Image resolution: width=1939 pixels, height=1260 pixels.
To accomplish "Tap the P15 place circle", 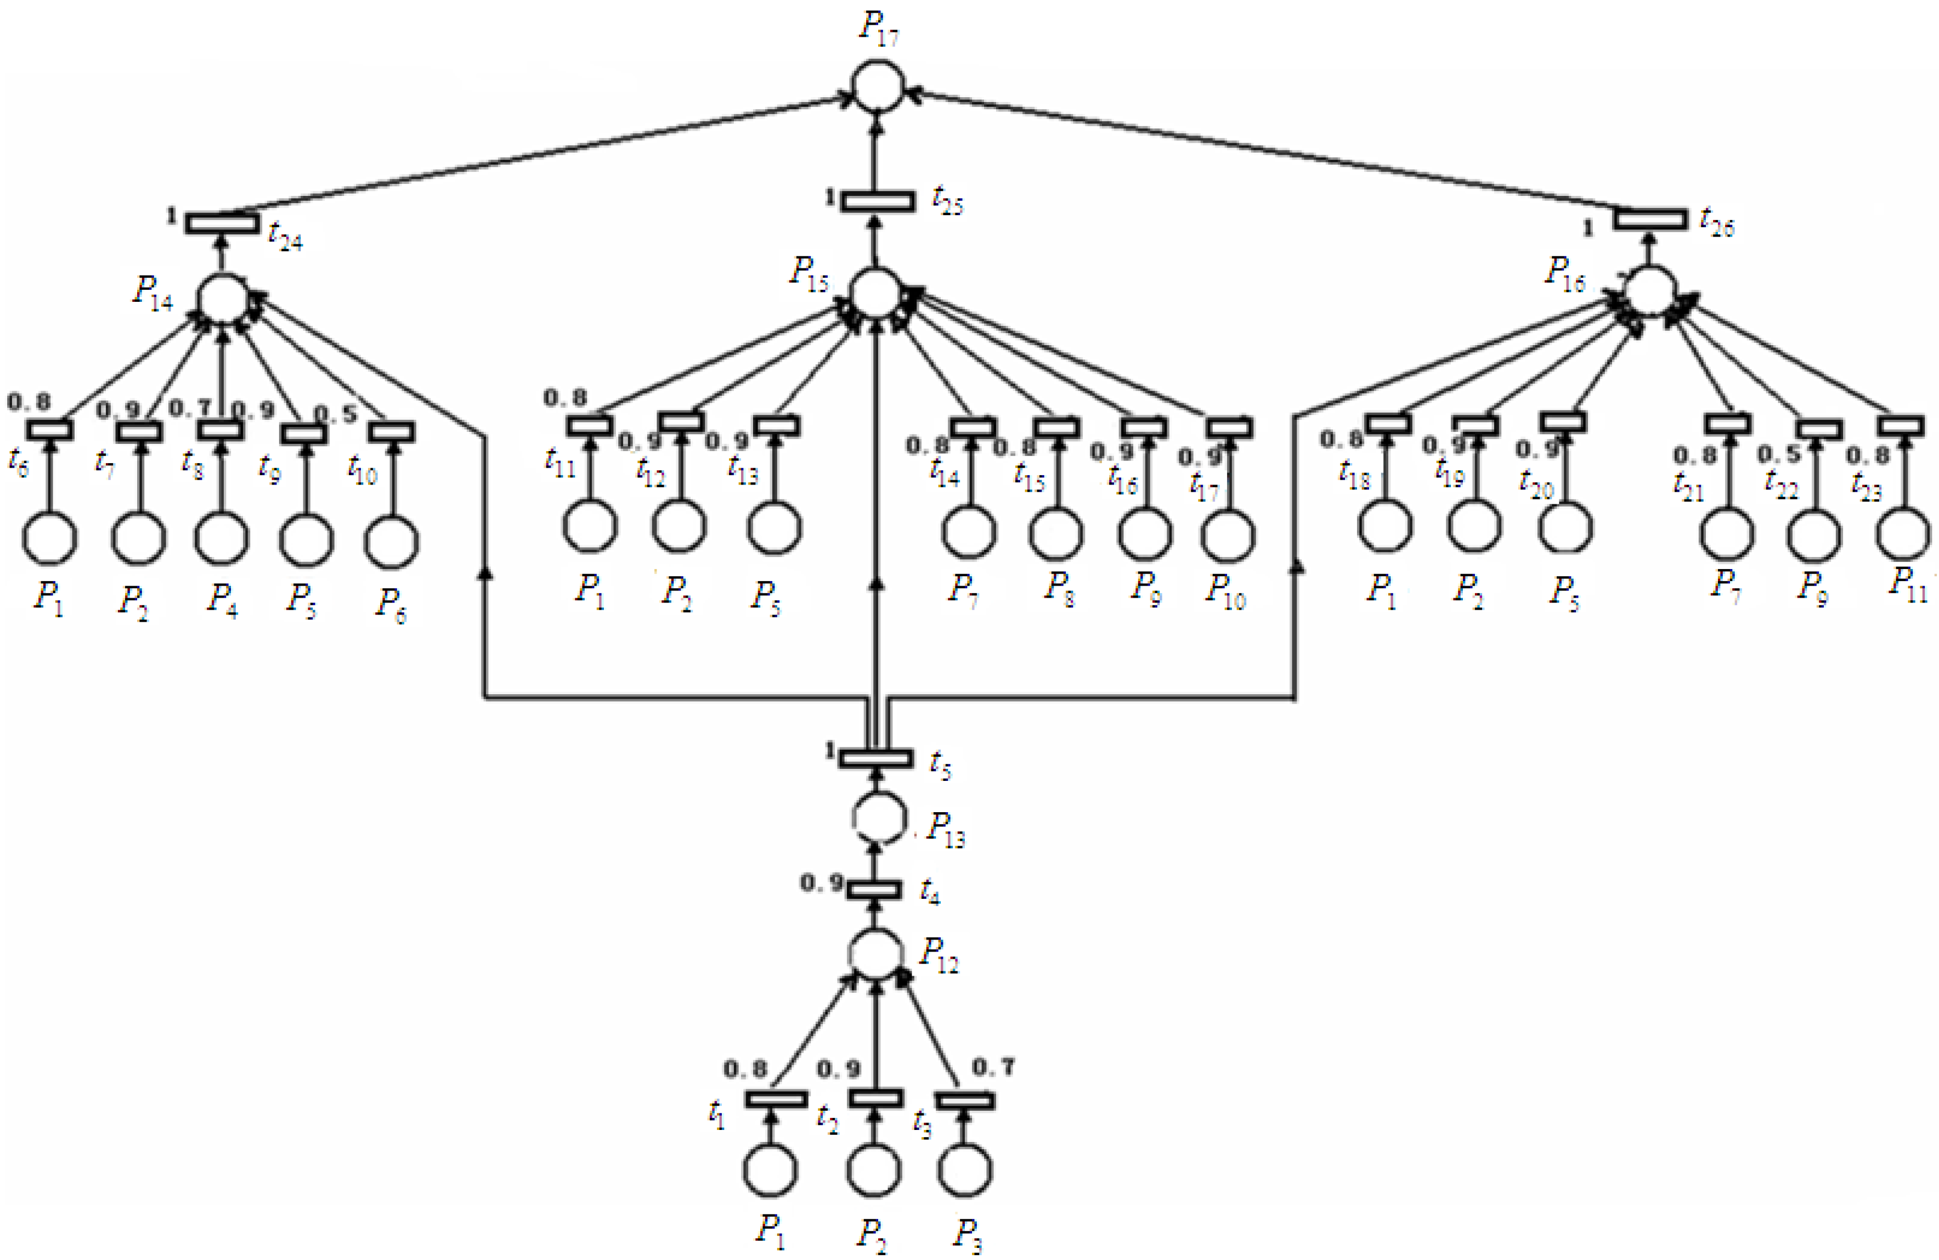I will (876, 294).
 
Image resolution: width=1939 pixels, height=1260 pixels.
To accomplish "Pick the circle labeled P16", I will (1650, 292).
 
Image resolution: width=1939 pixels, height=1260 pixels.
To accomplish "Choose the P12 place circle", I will (877, 953).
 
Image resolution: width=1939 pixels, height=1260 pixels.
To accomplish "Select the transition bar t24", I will (222, 222).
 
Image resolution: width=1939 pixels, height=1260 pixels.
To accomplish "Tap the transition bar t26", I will (1650, 219).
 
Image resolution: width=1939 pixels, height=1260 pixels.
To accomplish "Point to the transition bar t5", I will (876, 758).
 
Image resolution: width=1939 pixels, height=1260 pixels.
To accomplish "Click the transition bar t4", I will (875, 890).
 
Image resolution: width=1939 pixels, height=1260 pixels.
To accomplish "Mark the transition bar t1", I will (776, 1099).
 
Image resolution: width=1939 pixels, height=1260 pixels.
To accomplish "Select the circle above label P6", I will (392, 541).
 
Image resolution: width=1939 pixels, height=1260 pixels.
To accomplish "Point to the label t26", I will (1717, 222).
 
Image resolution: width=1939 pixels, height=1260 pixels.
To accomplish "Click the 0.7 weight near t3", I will (994, 1066).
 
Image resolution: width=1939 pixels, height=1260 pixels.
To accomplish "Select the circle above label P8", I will (1056, 534).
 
